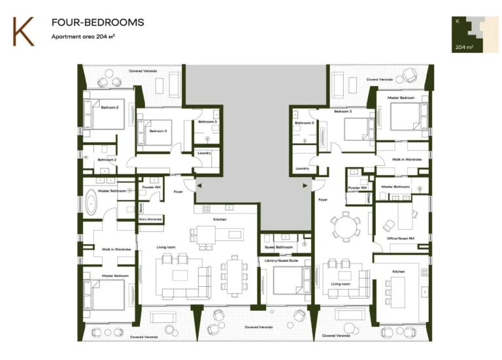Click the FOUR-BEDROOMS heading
point(97,23)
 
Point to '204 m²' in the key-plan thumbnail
point(465,47)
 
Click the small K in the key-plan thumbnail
point(458,22)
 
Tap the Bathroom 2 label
point(107,159)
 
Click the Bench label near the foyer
point(141,208)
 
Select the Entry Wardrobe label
point(150,219)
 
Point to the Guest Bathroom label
point(278,247)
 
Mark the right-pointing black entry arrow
point(305,186)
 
